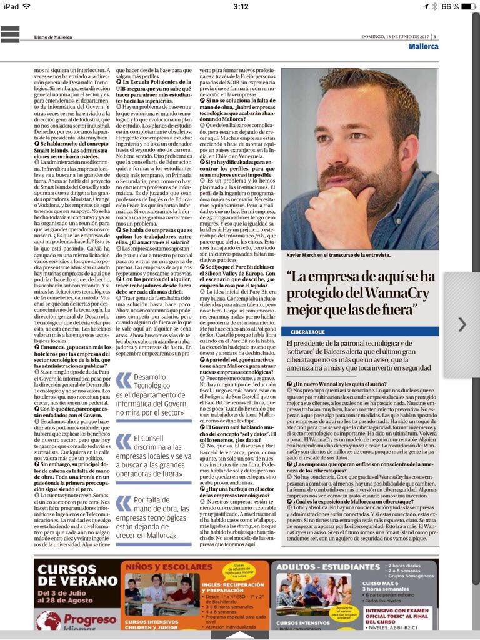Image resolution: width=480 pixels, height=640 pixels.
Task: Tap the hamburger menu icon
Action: [x=10, y=34]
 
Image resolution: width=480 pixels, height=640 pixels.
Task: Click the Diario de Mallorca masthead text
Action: [x=53, y=37]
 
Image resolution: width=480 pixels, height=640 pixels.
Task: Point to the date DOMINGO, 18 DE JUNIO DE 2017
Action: [x=396, y=36]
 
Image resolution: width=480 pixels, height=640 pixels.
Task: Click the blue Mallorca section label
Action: [x=424, y=46]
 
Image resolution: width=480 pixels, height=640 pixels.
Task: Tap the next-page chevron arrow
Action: [x=462, y=324]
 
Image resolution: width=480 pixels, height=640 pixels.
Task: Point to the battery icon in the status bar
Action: [x=470, y=6]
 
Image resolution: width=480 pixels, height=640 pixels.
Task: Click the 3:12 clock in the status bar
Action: [x=240, y=6]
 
